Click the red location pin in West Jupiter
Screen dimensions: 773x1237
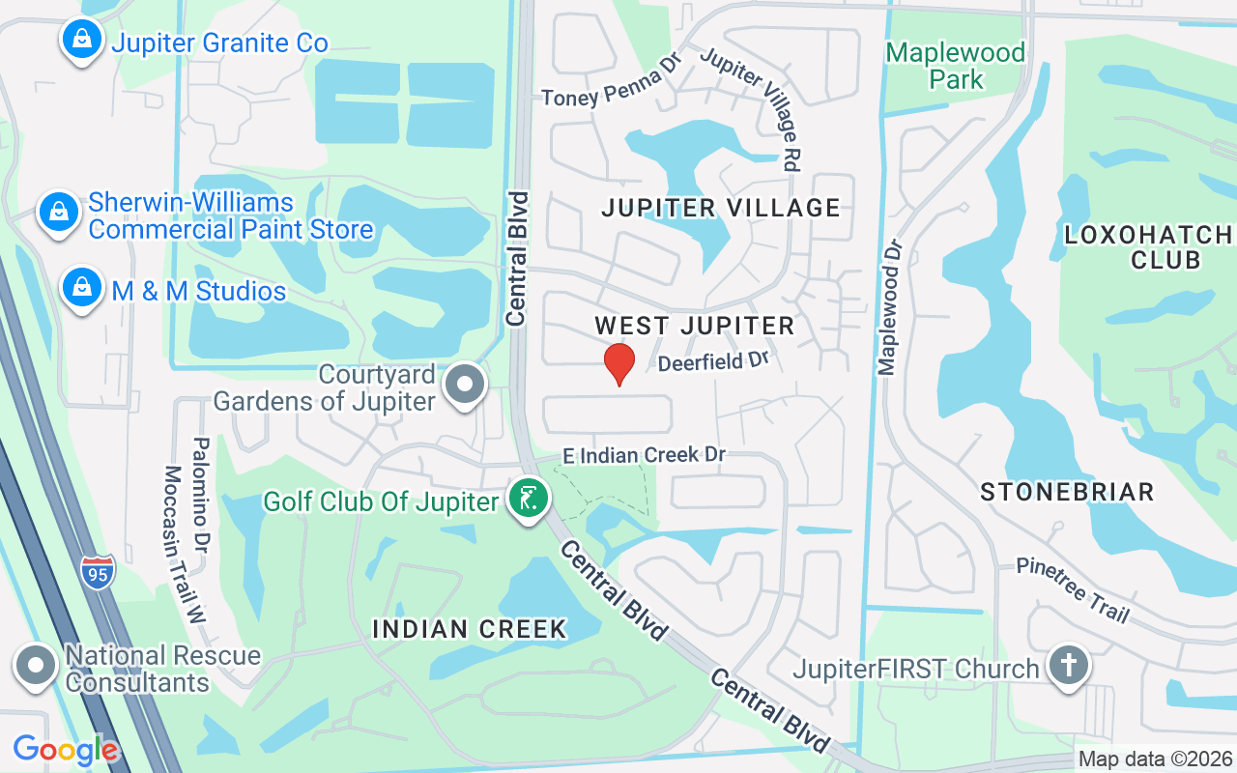click(x=618, y=363)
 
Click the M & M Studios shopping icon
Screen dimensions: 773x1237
click(x=83, y=288)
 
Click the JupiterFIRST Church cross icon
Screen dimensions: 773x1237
click(x=1069, y=667)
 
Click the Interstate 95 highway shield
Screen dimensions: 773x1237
click(x=98, y=572)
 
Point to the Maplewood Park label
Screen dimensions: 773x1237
click(x=955, y=66)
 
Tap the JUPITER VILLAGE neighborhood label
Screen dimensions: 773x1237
click(x=721, y=208)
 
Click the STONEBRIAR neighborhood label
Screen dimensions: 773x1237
click(x=1067, y=492)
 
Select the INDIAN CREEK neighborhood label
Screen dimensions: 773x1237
click(x=470, y=629)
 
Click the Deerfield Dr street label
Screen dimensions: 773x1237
click(x=713, y=362)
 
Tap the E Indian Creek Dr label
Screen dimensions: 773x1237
click(x=645, y=454)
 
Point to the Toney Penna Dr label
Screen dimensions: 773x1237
click(x=612, y=85)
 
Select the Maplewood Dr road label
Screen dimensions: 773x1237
click(x=889, y=307)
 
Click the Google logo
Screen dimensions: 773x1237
click(x=66, y=750)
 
